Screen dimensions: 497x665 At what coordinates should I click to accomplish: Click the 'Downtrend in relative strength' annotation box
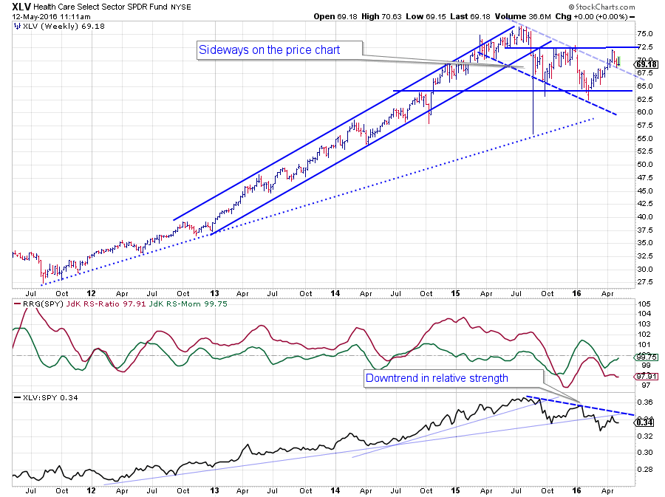pyautogui.click(x=447, y=378)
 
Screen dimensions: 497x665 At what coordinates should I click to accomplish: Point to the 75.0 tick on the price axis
pyautogui.click(x=644, y=33)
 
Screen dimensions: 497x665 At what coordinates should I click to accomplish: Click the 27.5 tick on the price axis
pyautogui.click(x=644, y=282)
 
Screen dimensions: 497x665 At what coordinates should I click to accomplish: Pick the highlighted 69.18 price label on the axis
pyautogui.click(x=645, y=64)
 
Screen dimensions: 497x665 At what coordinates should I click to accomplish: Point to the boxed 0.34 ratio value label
pyautogui.click(x=644, y=422)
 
